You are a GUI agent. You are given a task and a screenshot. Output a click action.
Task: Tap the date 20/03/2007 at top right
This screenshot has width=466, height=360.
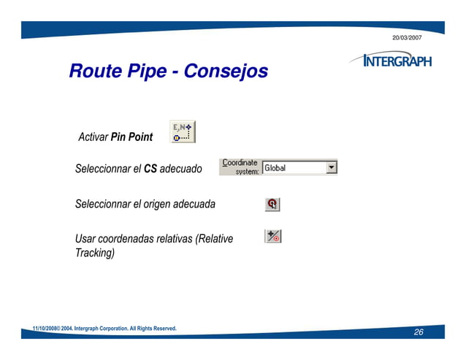(x=407, y=37)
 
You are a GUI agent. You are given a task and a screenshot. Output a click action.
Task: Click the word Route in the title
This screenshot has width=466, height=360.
(x=93, y=72)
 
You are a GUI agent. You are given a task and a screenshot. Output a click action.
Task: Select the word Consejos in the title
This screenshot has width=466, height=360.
(x=226, y=72)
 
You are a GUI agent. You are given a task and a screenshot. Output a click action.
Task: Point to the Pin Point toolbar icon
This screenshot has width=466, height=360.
(x=182, y=132)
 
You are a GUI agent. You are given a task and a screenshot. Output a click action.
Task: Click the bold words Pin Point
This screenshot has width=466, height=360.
(x=131, y=137)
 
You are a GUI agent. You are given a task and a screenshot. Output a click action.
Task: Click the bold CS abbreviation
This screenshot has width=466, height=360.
(x=150, y=169)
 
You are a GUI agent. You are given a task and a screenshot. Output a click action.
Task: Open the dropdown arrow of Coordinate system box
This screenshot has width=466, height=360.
(x=331, y=168)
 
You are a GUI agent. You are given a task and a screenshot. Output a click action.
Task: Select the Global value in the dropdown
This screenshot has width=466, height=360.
(x=275, y=168)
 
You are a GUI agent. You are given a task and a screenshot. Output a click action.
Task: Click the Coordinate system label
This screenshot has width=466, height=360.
(x=240, y=167)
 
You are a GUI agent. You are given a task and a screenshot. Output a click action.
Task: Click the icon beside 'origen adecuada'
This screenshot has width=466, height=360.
(x=272, y=204)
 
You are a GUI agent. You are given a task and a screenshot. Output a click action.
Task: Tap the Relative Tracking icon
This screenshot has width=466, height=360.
(x=272, y=236)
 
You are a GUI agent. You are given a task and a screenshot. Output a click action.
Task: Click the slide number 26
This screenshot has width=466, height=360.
(x=419, y=332)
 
